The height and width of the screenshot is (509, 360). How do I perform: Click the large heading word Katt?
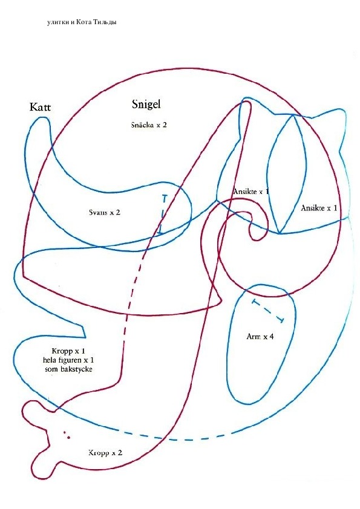point(40,107)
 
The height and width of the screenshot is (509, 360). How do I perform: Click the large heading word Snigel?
point(146,104)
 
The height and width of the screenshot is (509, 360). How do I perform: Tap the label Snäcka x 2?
point(149,125)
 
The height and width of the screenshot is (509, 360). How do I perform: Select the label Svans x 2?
point(105,212)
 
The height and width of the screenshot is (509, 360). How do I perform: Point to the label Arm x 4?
point(260,336)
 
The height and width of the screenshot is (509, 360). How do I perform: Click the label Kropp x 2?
point(105,453)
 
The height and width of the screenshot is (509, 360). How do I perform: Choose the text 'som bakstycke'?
point(68,369)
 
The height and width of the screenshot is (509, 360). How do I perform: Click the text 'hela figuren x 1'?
point(68,360)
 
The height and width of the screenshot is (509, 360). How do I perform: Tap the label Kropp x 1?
point(68,351)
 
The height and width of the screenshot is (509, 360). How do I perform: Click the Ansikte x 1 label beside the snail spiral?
point(251,191)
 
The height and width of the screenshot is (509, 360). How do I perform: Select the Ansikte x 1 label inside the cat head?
point(319,208)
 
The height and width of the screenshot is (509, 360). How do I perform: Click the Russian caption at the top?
point(82,22)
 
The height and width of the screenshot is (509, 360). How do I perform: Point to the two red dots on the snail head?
point(67,435)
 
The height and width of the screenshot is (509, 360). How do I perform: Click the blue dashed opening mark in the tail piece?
point(163,214)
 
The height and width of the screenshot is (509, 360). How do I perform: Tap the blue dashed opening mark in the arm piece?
point(268,311)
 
